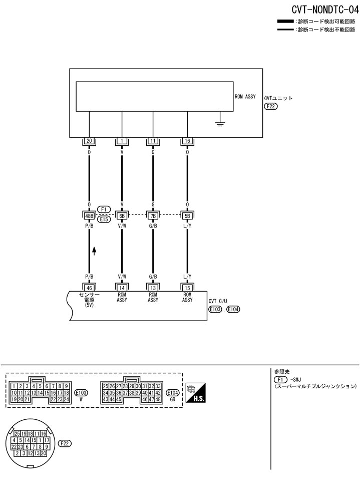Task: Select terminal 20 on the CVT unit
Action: coord(89,141)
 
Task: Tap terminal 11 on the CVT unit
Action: coord(153,141)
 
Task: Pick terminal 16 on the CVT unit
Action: coord(187,141)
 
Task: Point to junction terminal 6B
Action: coord(122,215)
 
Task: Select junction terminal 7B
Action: coord(153,215)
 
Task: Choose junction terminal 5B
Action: coord(187,215)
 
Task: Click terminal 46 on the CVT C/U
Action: coord(89,288)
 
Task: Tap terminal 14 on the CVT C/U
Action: coord(122,288)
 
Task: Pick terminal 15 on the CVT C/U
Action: coord(187,288)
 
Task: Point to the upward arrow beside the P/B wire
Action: coord(94,251)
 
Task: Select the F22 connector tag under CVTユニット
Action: coord(271,106)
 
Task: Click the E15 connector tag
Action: coord(104,219)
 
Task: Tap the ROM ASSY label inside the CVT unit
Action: coord(245,96)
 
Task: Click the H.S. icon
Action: coord(196,392)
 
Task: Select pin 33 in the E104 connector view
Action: coord(158,386)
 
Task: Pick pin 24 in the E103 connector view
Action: coord(66,399)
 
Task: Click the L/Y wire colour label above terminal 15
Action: coord(187,277)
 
